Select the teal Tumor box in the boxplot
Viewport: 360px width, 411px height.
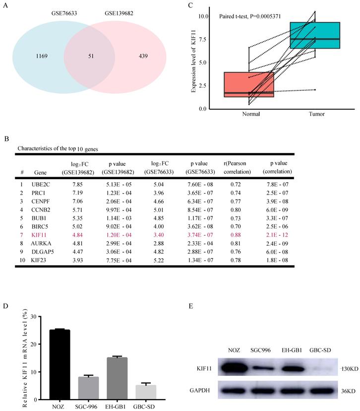(x=315, y=35)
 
